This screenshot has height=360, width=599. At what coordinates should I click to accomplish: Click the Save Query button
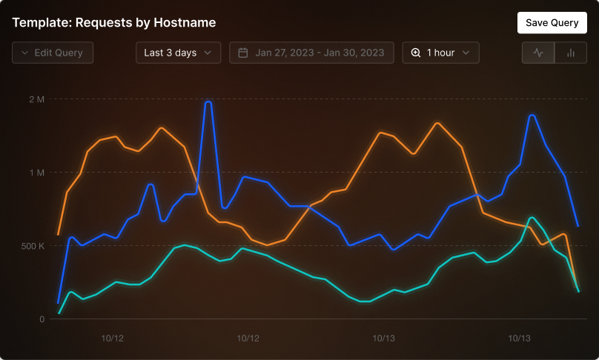click(x=552, y=22)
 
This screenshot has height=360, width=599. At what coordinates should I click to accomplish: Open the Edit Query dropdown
click(x=53, y=53)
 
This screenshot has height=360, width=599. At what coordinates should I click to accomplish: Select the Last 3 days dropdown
click(x=179, y=53)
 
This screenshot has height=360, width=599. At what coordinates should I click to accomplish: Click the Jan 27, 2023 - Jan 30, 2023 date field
click(x=311, y=53)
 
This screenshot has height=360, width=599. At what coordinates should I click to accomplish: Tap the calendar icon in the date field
click(x=243, y=53)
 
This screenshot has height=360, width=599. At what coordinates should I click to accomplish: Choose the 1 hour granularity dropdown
click(x=441, y=53)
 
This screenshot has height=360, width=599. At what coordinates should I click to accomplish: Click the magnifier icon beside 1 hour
click(x=416, y=53)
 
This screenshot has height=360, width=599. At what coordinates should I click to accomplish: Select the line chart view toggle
click(x=538, y=53)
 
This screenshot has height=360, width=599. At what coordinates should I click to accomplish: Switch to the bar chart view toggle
click(x=571, y=53)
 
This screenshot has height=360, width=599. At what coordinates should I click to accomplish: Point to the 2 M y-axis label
click(x=36, y=99)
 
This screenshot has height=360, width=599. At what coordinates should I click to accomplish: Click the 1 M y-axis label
click(x=37, y=173)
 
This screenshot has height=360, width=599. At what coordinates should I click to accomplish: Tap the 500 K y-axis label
click(x=33, y=246)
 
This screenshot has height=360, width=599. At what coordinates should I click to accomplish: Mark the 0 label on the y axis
click(x=42, y=319)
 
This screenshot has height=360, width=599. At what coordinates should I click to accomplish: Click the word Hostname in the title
click(x=185, y=22)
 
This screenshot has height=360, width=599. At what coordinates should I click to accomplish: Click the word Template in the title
click(x=41, y=22)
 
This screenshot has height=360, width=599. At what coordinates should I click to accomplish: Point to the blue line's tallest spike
click(x=208, y=102)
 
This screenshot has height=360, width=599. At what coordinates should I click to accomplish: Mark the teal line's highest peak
click(x=532, y=218)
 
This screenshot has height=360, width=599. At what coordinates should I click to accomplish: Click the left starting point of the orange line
click(x=58, y=234)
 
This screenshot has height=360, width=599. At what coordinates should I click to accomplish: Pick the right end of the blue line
click(x=578, y=226)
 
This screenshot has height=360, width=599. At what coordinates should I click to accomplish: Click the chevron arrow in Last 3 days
click(x=208, y=53)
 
